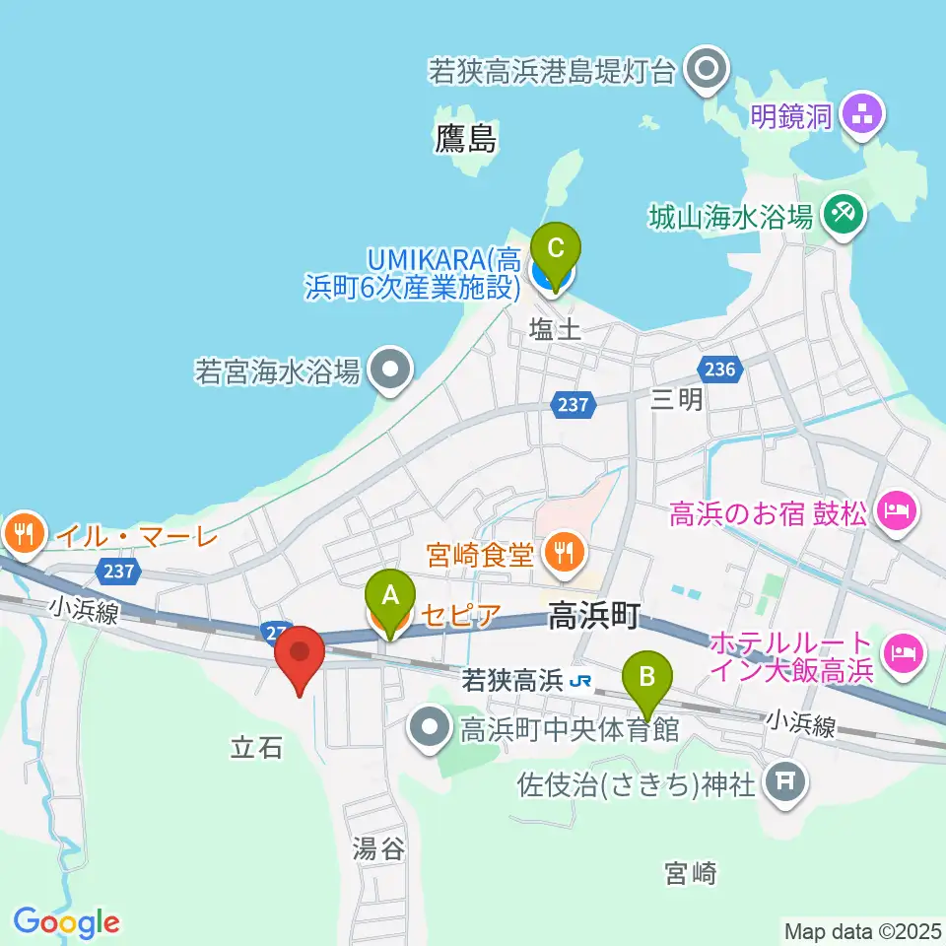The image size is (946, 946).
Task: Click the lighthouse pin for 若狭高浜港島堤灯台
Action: (x=707, y=70)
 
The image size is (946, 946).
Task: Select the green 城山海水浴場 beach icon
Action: (x=844, y=212)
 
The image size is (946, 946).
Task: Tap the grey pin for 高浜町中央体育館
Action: (x=431, y=730)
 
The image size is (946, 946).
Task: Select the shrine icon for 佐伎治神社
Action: (x=784, y=783)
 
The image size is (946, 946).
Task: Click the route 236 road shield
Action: (x=718, y=369)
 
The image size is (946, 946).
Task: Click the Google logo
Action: (x=67, y=922)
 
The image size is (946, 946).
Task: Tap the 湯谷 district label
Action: (x=378, y=848)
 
